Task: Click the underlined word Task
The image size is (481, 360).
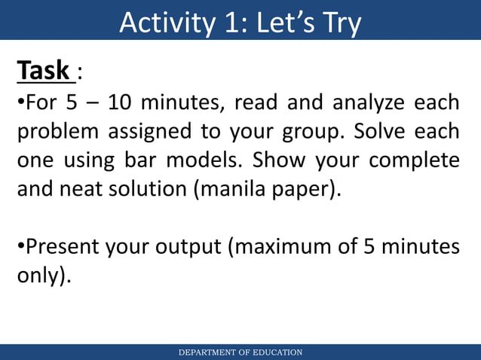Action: click(44, 72)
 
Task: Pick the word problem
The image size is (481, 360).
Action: click(57, 132)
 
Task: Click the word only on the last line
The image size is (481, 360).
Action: click(38, 276)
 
